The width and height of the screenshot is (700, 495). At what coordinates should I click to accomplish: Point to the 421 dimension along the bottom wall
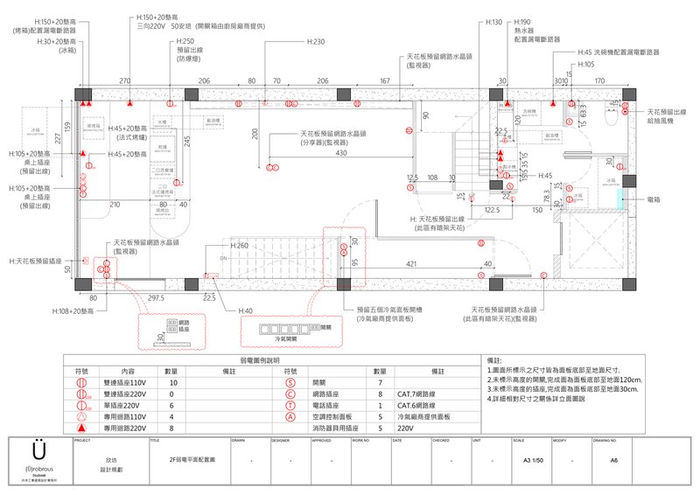pos(410,262)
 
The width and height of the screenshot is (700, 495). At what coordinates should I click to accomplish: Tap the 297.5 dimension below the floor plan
pos(156,298)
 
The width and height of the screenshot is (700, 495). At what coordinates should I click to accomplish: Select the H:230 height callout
pos(315,41)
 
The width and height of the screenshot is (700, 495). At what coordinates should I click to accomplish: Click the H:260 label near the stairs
pos(241,245)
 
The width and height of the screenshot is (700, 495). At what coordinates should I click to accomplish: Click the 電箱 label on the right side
pos(654,199)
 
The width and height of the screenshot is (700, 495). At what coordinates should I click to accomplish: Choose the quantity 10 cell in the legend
pos(173,383)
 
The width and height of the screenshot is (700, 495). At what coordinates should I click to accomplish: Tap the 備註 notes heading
pos(496,359)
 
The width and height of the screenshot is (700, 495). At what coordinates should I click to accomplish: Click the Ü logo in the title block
pos(37,449)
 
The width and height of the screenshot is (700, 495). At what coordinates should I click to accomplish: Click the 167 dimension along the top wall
pos(384,80)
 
